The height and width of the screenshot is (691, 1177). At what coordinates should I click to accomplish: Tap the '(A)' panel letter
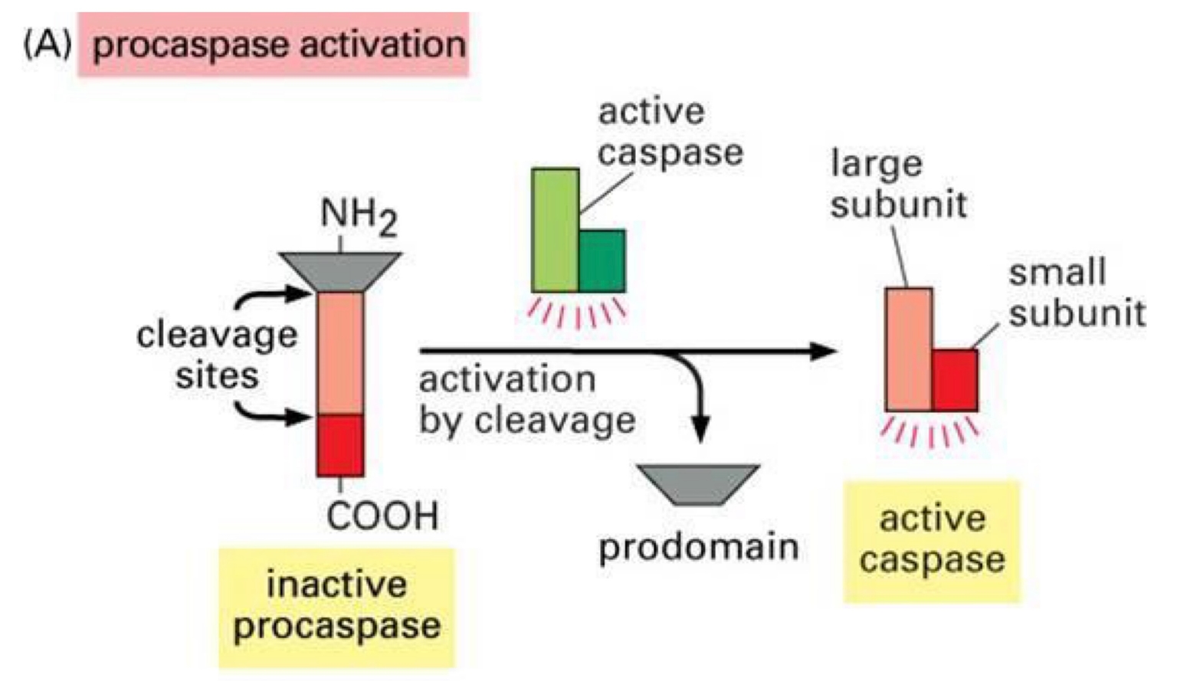coord(48,44)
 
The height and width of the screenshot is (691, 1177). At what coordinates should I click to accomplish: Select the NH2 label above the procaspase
coord(357,216)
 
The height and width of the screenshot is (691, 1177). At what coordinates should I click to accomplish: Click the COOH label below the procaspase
coord(382,516)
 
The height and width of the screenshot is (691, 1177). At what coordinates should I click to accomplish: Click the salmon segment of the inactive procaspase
coord(339,352)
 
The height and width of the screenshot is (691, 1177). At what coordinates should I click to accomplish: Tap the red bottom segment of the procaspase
coord(339,445)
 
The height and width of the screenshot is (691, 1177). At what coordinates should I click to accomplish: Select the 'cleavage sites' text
coord(217,355)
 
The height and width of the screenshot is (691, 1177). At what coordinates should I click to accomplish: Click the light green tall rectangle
coord(555,230)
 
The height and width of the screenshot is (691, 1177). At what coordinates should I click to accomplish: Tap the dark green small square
coord(602,260)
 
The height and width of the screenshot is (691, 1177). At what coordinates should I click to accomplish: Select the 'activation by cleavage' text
coord(526,400)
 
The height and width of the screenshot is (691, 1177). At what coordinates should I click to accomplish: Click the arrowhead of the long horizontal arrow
coord(824,351)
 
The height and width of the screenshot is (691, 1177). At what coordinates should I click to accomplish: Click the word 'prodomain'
coord(698,547)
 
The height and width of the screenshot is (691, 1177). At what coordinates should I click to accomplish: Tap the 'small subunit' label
coord(1076,293)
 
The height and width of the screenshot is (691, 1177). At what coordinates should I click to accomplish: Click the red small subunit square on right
coord(955,380)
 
